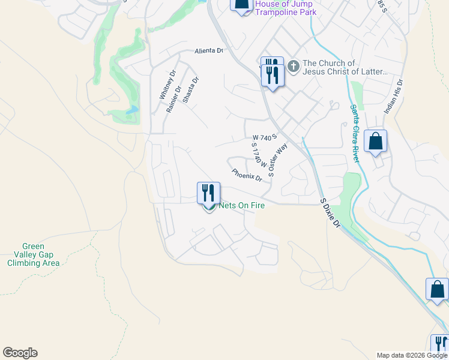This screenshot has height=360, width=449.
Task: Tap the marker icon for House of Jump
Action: click(241, 5)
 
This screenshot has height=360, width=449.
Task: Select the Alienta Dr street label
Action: click(208, 52)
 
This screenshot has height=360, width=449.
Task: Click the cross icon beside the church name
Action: click(294, 65)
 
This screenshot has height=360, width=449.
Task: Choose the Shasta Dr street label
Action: click(191, 90)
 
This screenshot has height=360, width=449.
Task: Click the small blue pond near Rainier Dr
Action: click(131, 110)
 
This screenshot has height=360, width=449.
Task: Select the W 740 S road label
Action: click(264, 137)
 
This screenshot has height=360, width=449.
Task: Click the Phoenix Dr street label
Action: click(247, 175)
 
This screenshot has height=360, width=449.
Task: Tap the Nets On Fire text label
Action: click(242, 205)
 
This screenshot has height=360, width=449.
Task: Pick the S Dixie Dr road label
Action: click(330, 214)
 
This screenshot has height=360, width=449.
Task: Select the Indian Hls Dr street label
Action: click(394, 97)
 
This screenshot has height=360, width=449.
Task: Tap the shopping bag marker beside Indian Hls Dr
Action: click(375, 142)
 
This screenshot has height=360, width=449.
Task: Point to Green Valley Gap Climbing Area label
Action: click(33, 254)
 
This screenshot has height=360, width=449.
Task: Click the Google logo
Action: click(20, 353)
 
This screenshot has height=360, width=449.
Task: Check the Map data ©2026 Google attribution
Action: click(412, 355)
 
